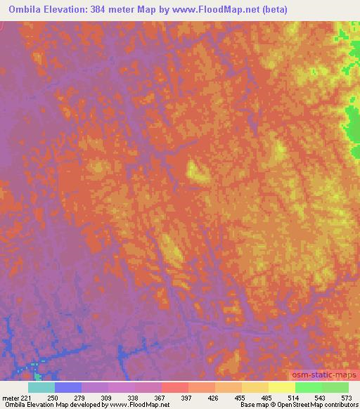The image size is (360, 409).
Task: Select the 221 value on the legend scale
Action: (x=26, y=398)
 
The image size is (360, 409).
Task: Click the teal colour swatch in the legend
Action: (x=41, y=387)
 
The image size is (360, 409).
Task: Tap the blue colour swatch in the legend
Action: (x=68, y=387)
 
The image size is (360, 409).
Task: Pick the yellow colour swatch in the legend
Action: (x=282, y=387)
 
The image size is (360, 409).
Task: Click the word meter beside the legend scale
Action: (x=10, y=398)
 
